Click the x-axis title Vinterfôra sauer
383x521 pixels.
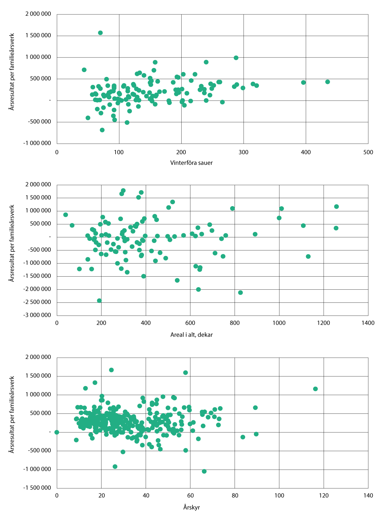click(191, 163)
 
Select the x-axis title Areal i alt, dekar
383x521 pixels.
click(191, 335)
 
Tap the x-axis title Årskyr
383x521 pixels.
click(191, 507)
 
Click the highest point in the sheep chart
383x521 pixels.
click(100, 33)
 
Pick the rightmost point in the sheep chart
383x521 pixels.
click(327, 82)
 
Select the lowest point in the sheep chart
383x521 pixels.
click(102, 130)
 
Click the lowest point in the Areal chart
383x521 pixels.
click(99, 301)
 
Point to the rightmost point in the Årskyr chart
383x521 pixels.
click(315, 389)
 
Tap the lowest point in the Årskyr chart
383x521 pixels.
click(204, 471)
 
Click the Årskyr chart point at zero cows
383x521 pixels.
click(57, 432)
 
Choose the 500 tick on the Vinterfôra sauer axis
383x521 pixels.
click(368, 152)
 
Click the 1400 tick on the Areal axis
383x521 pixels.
click(368, 323)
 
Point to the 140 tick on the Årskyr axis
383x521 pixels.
click(368, 495)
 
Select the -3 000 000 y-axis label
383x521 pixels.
click(37, 315)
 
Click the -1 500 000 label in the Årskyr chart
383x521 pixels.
click(37, 488)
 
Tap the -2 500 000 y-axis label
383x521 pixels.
click(37, 302)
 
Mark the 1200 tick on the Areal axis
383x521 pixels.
click(323, 323)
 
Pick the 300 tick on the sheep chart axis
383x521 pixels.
click(244, 152)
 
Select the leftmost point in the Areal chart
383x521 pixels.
click(65, 215)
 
